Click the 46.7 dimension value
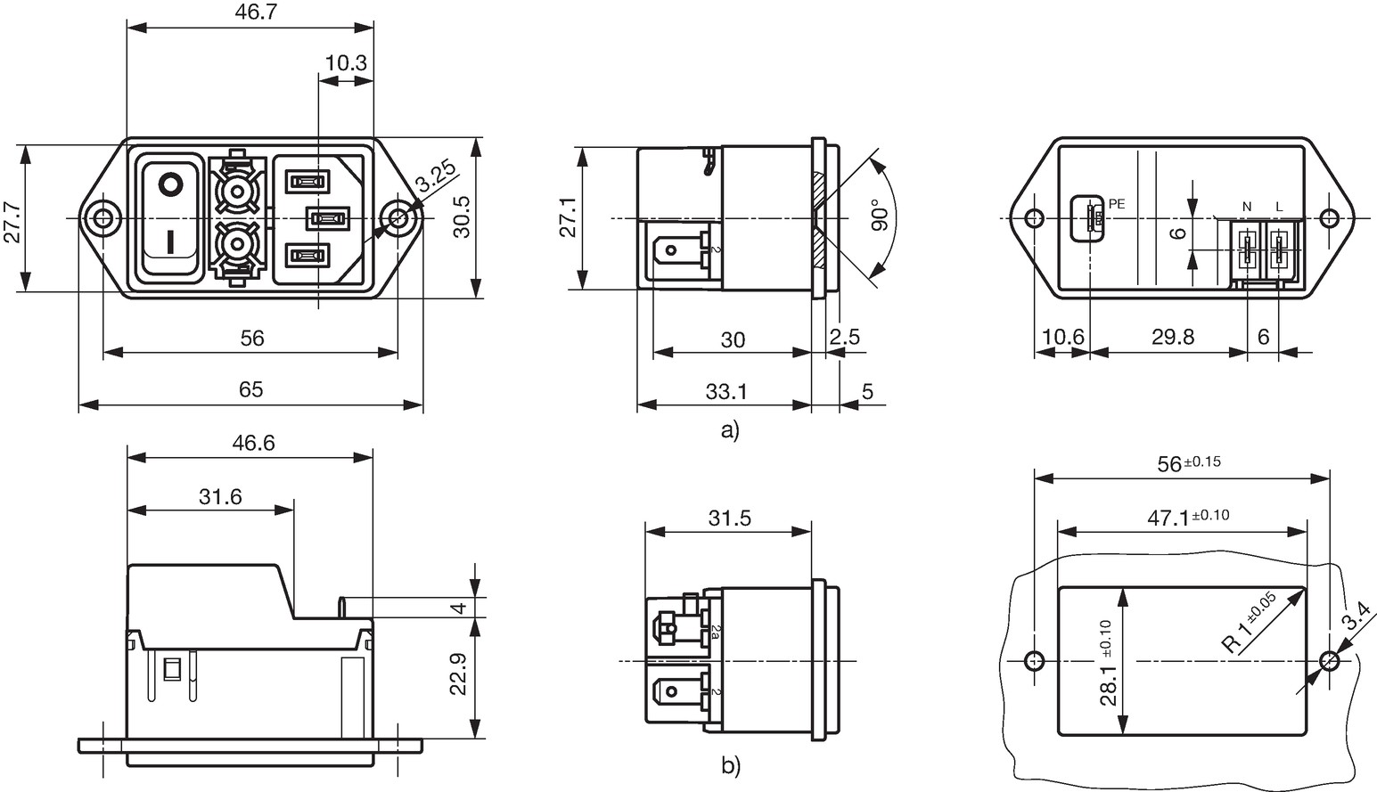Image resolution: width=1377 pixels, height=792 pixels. point(256,12)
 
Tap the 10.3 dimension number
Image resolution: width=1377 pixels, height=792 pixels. point(346,62)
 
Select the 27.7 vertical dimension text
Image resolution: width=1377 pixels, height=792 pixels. point(12,223)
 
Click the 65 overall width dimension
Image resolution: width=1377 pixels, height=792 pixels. point(250,389)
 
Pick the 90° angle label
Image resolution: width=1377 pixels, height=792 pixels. point(880,215)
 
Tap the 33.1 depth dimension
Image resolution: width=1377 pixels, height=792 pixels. point(726,391)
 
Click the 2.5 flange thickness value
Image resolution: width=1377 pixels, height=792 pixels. point(845,337)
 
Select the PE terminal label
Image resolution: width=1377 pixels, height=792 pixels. point(1117,204)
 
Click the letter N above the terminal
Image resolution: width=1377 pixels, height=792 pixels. point(1247,207)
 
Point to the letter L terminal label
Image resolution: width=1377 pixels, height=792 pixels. point(1279,207)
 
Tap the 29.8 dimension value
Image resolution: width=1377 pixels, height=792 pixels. point(1173,337)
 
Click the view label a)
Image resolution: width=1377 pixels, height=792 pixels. point(730,430)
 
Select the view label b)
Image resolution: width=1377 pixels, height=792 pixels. point(731,765)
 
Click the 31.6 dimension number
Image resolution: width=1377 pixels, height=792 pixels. point(220,496)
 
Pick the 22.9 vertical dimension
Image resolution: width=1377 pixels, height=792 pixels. point(459,674)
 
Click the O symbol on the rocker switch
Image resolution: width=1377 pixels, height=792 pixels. point(171,184)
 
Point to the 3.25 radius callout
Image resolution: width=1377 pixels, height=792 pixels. point(436,176)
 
